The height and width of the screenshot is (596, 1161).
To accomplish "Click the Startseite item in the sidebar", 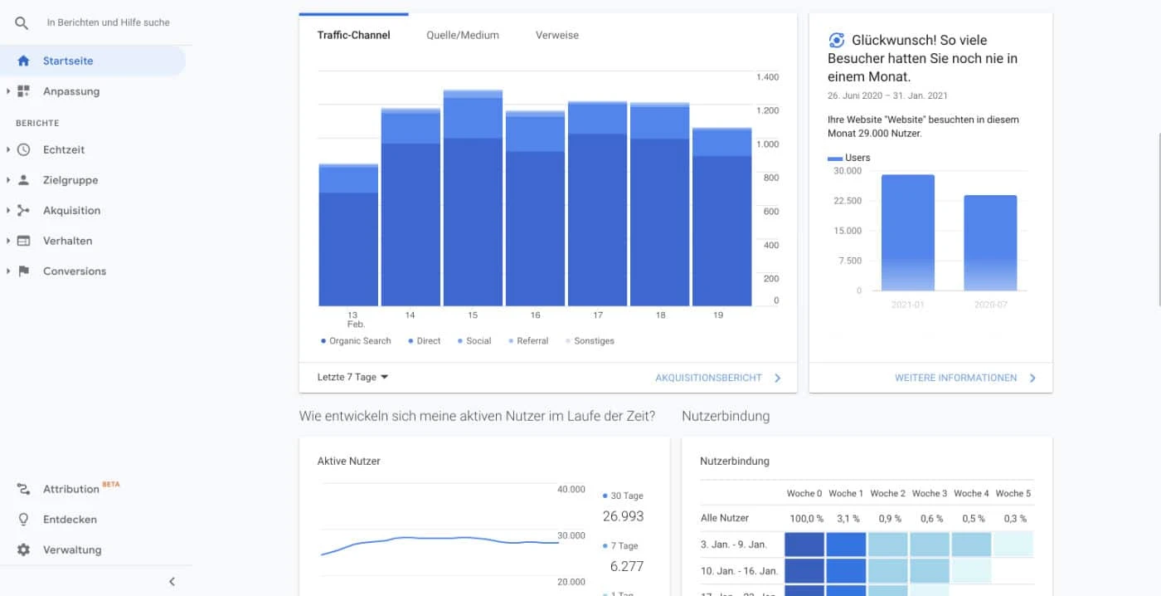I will click(x=68, y=61).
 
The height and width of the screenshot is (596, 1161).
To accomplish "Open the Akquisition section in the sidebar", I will click(x=71, y=210).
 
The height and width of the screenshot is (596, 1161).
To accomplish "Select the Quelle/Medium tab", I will click(x=463, y=35).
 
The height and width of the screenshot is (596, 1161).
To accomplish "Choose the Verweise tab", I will click(x=557, y=35).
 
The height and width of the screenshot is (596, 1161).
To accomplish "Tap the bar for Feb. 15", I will click(x=473, y=199).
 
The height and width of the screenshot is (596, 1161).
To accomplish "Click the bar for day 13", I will click(x=348, y=237).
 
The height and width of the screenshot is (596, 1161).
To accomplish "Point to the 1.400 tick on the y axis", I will click(x=767, y=77).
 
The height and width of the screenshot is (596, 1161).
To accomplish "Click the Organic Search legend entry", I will click(x=359, y=341).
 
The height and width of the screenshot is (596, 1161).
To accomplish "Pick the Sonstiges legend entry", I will click(x=594, y=341).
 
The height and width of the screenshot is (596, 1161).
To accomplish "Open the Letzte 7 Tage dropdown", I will click(x=353, y=377).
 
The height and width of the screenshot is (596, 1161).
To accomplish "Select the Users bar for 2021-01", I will click(x=908, y=233).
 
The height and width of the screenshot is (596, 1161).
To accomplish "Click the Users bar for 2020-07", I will click(x=990, y=243).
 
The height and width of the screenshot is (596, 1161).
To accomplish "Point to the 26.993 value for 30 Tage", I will click(x=623, y=516).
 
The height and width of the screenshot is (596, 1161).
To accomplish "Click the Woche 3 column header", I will click(x=929, y=493).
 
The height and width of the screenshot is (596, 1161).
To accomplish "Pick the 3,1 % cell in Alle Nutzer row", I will click(x=845, y=518).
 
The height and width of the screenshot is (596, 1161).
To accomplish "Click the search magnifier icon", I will click(x=22, y=22).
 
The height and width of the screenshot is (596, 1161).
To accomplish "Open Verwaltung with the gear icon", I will click(x=23, y=550).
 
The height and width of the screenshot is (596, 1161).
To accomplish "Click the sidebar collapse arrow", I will click(x=172, y=581).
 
